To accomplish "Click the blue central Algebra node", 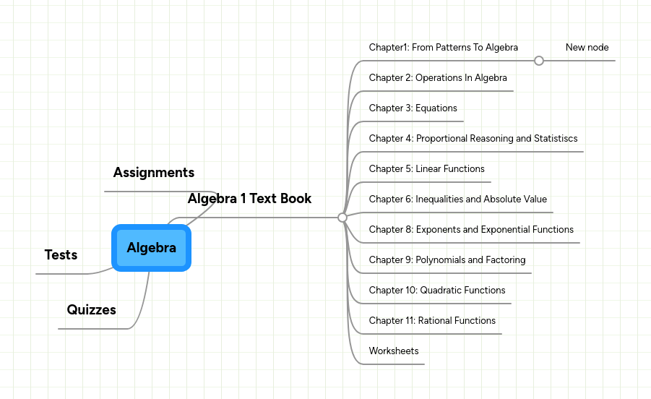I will [152, 248].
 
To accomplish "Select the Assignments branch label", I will [154, 173].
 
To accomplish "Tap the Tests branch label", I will [61, 255].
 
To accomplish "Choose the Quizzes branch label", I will [92, 310].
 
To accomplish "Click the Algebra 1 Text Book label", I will [249, 199].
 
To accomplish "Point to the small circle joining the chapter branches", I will [342, 217].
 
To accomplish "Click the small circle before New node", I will [539, 61].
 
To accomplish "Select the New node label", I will [587, 48].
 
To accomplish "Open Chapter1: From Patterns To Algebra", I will [443, 48].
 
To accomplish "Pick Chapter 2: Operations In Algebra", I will [438, 78].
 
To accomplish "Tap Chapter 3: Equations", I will [413, 108].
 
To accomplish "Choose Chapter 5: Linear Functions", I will [426, 169].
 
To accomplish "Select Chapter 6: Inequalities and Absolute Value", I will [457, 199].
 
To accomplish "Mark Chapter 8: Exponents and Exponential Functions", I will [471, 230].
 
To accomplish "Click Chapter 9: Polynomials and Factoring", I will [447, 260].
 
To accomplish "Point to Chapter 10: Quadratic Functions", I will [437, 291].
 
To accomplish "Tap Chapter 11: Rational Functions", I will [432, 321].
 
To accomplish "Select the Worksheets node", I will [394, 351].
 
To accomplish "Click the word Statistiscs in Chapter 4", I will [556, 139].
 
